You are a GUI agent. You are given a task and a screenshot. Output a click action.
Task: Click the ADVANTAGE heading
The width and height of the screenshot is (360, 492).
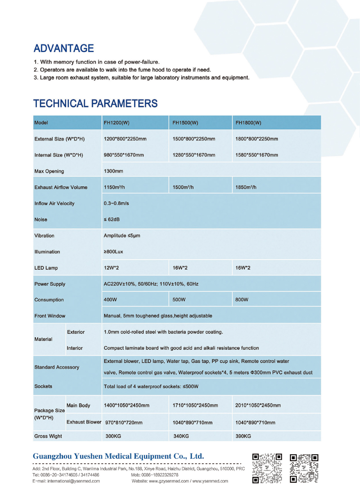tap(64, 48)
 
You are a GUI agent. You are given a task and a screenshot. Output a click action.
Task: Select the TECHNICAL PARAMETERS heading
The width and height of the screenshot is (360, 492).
tap(95, 104)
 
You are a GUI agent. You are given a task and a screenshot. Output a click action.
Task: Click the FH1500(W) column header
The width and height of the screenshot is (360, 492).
tap(185, 123)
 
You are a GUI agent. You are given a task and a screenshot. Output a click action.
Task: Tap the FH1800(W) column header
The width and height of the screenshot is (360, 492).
tap(248, 123)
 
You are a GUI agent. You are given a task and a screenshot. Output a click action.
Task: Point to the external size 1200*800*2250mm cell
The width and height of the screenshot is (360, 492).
tap(125, 139)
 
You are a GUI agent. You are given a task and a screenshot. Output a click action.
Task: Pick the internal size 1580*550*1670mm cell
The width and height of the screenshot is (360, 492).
tap(256, 155)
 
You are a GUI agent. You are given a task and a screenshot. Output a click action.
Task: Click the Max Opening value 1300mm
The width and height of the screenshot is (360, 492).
tap(113, 171)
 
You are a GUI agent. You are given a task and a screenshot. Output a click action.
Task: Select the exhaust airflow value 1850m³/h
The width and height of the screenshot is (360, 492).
tap(246, 187)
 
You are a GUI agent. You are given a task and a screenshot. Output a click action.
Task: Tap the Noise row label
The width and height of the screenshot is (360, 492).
tap(41, 220)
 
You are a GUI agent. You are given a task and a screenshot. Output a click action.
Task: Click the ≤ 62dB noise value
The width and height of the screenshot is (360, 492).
tap(112, 219)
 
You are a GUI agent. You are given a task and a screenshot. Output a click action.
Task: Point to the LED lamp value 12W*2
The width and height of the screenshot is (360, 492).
tap(111, 268)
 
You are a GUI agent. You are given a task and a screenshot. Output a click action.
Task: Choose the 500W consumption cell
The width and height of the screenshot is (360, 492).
tap(179, 300)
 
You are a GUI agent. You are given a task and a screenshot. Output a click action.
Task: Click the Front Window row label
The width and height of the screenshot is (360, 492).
tap(50, 316)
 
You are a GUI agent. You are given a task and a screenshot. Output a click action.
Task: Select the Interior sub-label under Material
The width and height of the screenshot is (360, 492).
tap(75, 348)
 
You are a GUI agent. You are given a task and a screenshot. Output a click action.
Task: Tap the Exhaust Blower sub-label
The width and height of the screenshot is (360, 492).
tap(84, 422)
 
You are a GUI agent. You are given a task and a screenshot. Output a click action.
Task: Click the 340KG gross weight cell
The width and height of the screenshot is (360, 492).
tap(181, 436)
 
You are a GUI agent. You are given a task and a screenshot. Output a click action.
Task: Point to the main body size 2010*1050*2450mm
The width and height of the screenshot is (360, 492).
tap(258, 406)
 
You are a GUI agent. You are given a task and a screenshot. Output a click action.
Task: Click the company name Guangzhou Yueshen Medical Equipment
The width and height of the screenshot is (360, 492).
tap(118, 456)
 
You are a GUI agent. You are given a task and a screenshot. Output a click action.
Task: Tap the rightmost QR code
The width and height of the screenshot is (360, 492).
tap(304, 468)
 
